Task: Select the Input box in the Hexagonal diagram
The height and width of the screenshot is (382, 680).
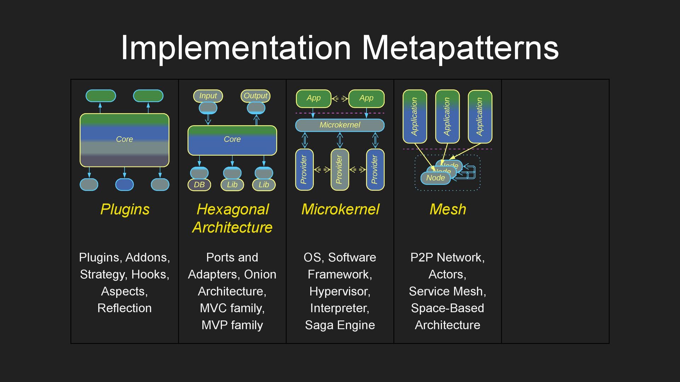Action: tap(208, 96)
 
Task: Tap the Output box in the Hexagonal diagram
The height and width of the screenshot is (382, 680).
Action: tap(255, 96)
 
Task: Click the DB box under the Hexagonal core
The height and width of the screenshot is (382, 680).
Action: tap(199, 185)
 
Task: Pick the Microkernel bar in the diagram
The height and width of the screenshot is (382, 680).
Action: tap(340, 125)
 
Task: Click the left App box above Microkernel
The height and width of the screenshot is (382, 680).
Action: tap(313, 98)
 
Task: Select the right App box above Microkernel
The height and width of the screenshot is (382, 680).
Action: tap(366, 98)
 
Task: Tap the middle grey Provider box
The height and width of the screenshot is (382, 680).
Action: tap(339, 170)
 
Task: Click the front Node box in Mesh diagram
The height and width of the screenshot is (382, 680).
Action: tap(435, 178)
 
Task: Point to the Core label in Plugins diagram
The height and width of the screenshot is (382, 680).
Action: tap(124, 139)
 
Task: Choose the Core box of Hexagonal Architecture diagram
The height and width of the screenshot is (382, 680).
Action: tap(232, 140)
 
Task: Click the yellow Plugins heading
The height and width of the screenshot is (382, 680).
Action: tap(125, 209)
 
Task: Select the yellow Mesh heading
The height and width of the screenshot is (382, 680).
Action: tap(448, 209)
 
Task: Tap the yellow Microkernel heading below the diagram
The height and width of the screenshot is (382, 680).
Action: tap(340, 209)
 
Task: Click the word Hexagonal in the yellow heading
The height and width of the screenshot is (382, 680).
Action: tap(233, 209)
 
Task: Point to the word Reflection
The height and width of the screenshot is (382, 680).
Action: tap(124, 308)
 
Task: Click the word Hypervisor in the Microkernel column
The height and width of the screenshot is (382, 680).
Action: tap(339, 291)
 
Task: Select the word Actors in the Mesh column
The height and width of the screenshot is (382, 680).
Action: tap(447, 274)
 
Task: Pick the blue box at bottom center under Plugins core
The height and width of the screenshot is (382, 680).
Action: tap(124, 185)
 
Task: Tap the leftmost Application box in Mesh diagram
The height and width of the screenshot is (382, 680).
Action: tap(415, 116)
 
